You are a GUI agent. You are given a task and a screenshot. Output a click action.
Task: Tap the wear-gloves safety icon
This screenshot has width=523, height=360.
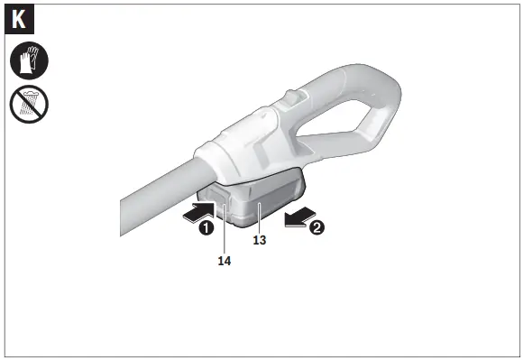pos(29,61)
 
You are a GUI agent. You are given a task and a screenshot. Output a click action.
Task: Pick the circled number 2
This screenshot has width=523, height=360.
pos(317,228)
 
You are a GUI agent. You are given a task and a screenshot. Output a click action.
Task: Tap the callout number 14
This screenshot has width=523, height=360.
pos(225,260)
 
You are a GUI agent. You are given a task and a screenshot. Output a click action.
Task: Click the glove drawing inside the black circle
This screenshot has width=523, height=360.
pos(29,61)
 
